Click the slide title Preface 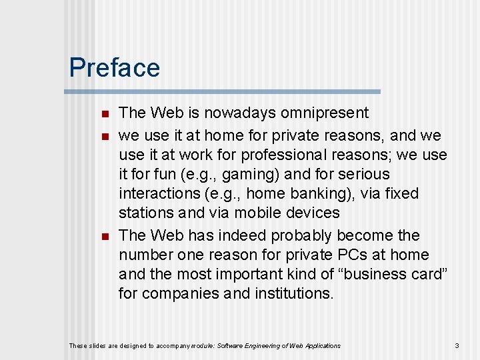point(115,68)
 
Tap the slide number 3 point(457,345)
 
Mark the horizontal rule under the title point(225,91)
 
